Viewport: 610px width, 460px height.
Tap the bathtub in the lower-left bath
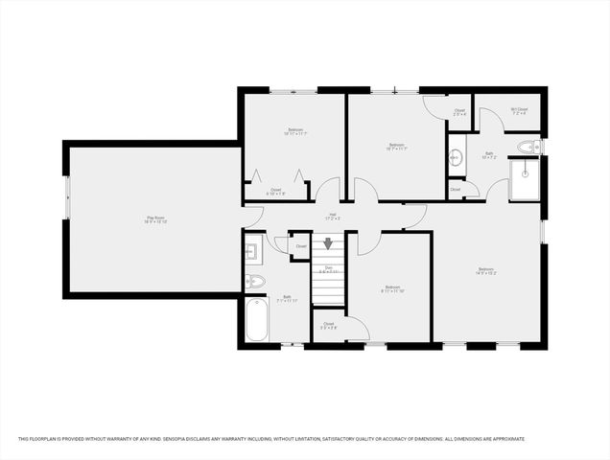pyautogui.click(x=257, y=322)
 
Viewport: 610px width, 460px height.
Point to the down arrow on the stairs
pyautogui.click(x=328, y=247)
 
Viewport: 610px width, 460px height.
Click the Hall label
pyautogui.click(x=333, y=216)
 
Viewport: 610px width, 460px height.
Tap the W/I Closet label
pyautogui.click(x=518, y=109)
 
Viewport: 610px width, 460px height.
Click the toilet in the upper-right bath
pyautogui.click(x=526, y=147)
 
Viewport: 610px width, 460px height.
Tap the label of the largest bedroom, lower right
pyautogui.click(x=487, y=271)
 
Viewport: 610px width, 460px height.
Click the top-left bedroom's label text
pyautogui.click(x=294, y=131)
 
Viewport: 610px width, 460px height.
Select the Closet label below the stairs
pyautogui.click(x=329, y=325)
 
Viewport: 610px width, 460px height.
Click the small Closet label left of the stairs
pyautogui.click(x=301, y=247)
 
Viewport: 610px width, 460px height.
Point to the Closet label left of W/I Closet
pyautogui.click(x=460, y=111)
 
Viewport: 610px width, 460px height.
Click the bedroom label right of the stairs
pyautogui.click(x=392, y=289)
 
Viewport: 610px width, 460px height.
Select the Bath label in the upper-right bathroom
pyautogui.click(x=488, y=152)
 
